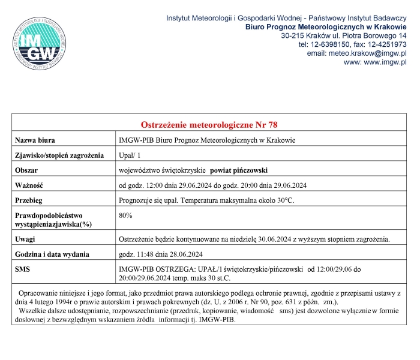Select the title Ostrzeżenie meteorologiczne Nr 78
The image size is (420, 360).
209,125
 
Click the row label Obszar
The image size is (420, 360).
27,170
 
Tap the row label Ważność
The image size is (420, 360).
29,185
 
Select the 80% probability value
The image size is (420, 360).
126,215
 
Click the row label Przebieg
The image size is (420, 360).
30,200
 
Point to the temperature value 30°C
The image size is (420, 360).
284,200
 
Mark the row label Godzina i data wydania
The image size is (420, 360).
52,254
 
